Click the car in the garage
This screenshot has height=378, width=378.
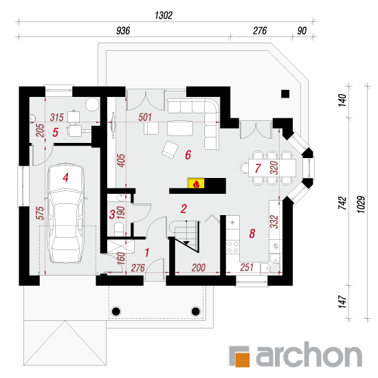[x=66, y=213]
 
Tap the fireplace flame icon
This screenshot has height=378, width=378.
[x=196, y=184]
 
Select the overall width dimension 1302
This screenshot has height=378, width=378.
[x=164, y=15]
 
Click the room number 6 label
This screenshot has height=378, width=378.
[x=188, y=155]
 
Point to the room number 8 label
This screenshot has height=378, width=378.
[x=252, y=234]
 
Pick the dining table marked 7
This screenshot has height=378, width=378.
[x=272, y=168]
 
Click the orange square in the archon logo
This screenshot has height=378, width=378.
[x=243, y=359]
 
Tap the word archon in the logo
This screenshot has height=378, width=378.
[x=309, y=355]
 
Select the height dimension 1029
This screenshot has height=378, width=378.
[x=362, y=204]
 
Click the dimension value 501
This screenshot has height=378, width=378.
[x=145, y=117]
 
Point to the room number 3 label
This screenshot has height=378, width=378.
[x=112, y=214]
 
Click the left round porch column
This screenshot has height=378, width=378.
[x=116, y=311]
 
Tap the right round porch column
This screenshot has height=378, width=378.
[x=195, y=311]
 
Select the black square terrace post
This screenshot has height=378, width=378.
[x=285, y=93]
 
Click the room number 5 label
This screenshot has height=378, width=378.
[x=56, y=133]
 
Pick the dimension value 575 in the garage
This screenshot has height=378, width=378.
[x=40, y=213]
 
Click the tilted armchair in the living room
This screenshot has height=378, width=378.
[x=170, y=149]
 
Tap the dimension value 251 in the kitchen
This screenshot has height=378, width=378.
[x=247, y=267]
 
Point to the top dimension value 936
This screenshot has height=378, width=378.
[x=123, y=31]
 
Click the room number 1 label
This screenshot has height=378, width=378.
[x=147, y=252]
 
